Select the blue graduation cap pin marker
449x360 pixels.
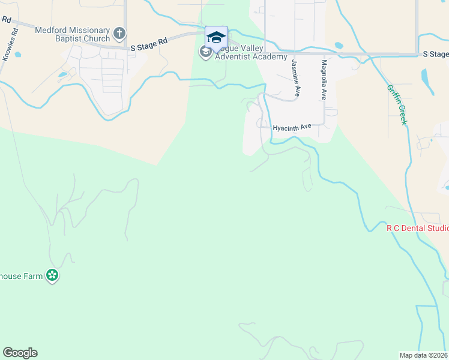tap(216, 38)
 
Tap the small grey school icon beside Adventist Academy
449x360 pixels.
tap(205, 52)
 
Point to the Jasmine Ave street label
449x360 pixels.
tap(295, 78)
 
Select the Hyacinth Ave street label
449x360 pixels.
tap(292, 127)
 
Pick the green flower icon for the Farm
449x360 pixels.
tap(53, 276)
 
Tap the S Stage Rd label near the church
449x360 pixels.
tap(148, 44)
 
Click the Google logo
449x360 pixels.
tap(20, 353)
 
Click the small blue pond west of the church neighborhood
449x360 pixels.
tap(63, 75)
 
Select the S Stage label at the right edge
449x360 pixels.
tap(435, 53)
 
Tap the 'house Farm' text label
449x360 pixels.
tap(23, 276)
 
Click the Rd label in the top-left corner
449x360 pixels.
tap(7, 19)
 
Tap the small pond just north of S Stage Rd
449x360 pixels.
tap(339, 45)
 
